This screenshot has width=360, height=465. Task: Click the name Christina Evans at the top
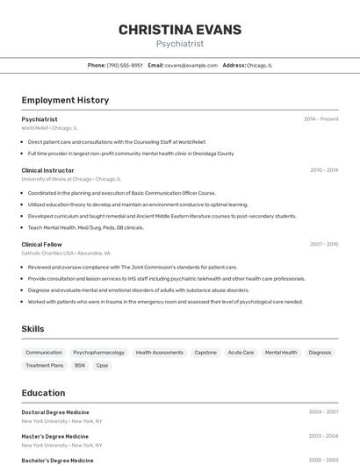click(x=179, y=30)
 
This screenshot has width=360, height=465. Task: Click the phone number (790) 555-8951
click(x=125, y=65)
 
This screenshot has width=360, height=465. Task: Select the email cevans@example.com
click(x=191, y=65)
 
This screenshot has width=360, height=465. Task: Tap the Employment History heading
click(x=65, y=100)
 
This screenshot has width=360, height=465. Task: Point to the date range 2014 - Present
click(x=320, y=118)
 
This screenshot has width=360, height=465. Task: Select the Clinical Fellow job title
click(x=41, y=244)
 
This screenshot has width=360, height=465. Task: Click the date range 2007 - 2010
click(x=323, y=244)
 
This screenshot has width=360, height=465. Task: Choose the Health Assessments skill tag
click(x=160, y=352)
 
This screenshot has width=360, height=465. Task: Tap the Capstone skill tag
click(x=205, y=352)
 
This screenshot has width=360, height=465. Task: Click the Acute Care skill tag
click(x=241, y=352)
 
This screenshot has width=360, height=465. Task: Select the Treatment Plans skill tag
click(x=44, y=365)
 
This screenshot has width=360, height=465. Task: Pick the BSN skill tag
click(x=80, y=365)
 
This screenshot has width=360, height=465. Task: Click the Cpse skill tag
click(x=102, y=365)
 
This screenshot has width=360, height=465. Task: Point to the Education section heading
click(x=43, y=393)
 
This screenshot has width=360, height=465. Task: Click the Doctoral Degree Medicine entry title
click(x=55, y=411)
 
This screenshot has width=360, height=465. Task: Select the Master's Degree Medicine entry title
click(x=54, y=436)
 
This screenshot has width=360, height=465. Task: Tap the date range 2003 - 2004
click(x=323, y=436)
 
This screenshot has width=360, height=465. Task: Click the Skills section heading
click(x=33, y=329)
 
